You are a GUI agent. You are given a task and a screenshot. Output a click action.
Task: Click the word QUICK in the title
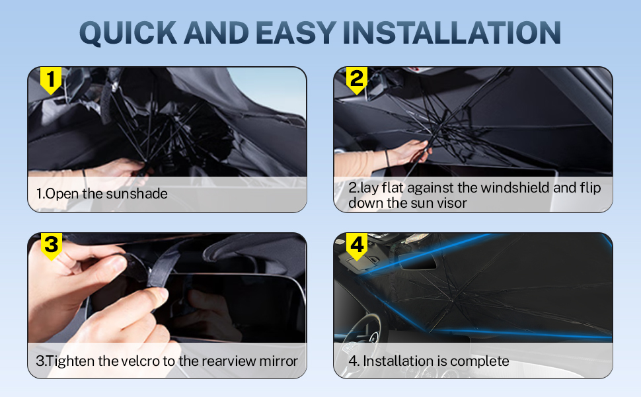pyautogui.click(x=128, y=32)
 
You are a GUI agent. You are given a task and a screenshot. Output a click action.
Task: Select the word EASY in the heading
pyautogui.click(x=296, y=32)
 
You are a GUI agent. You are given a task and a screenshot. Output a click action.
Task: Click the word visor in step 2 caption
pyautogui.click(x=451, y=203)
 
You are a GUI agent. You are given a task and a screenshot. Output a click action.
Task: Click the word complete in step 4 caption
pyautogui.click(x=480, y=361)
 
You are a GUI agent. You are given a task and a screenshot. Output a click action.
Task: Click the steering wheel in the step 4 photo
pyautogui.click(x=367, y=328)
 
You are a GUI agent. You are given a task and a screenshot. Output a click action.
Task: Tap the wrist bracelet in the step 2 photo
pyautogui.click(x=387, y=158)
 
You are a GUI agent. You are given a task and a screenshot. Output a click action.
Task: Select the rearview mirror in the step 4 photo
pyautogui.click(x=417, y=261)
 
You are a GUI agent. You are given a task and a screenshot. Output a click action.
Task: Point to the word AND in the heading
pyautogui.click(x=216, y=32)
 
